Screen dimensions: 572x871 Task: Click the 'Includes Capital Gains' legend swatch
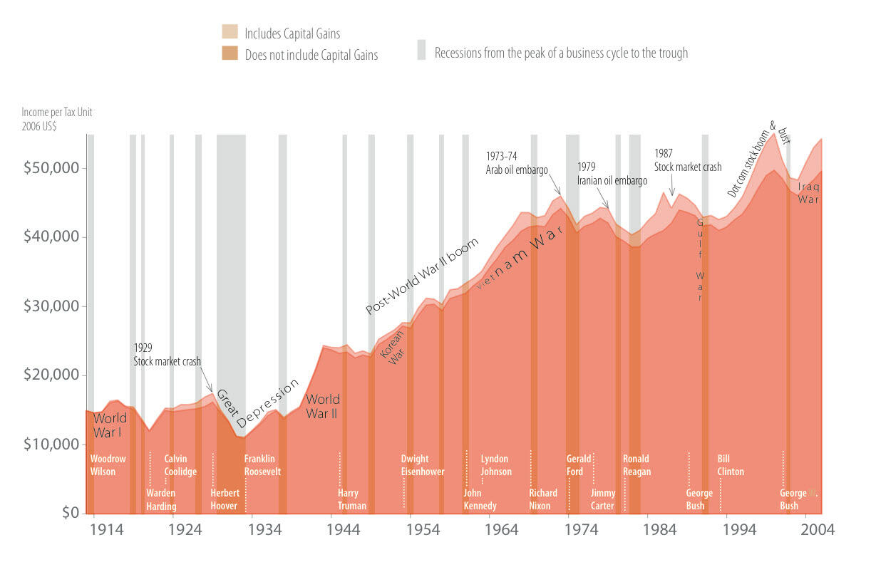click(x=230, y=32)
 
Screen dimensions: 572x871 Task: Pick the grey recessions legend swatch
click(x=421, y=50)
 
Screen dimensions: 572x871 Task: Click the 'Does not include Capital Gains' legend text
click(x=311, y=55)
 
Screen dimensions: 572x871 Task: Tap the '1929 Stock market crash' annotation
click(x=167, y=355)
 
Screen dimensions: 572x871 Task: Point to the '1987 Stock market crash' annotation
click(x=688, y=160)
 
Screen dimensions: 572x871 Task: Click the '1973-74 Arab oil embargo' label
click(x=517, y=163)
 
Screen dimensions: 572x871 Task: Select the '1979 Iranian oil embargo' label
click(x=612, y=174)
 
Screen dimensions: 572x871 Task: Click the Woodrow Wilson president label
click(x=108, y=465)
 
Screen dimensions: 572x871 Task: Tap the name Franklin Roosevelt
click(x=262, y=465)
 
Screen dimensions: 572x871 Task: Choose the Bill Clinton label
click(x=731, y=465)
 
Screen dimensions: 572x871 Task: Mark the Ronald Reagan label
click(x=636, y=465)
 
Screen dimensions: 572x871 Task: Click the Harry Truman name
click(x=352, y=499)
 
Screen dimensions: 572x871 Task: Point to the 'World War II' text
click(x=322, y=406)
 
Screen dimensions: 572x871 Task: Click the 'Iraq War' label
click(x=809, y=193)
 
